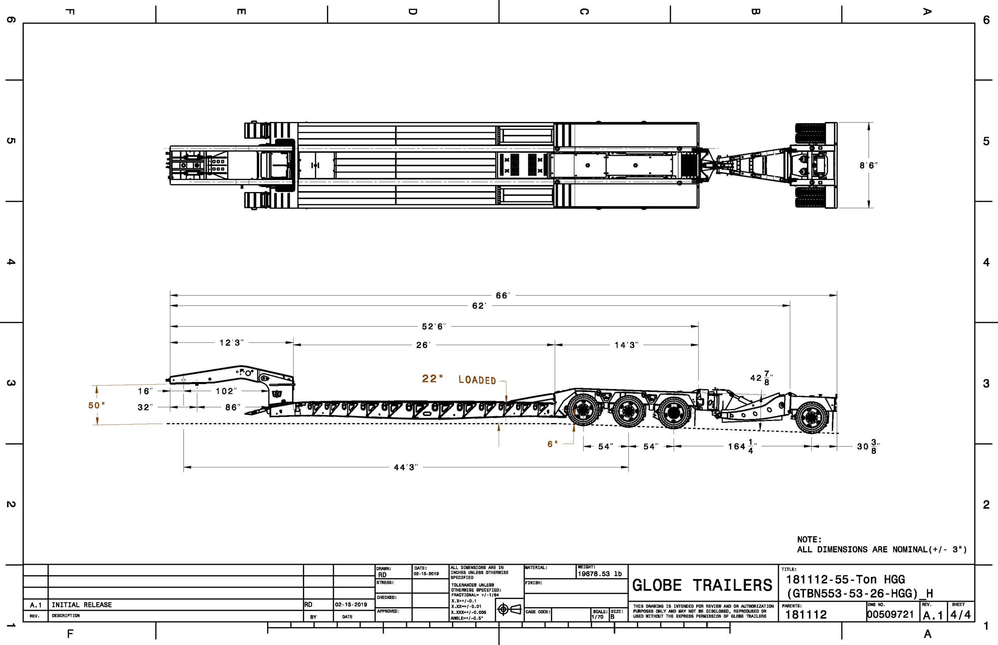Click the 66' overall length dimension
[x=503, y=296]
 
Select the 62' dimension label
[x=479, y=306]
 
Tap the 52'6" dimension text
[x=434, y=327]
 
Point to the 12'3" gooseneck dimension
[x=231, y=343]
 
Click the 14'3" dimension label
[x=626, y=345]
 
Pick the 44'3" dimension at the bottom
[x=406, y=467]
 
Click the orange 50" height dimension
[x=96, y=405]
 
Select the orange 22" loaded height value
[x=432, y=379]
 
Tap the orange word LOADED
[x=477, y=380]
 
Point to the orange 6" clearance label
[x=552, y=444]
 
